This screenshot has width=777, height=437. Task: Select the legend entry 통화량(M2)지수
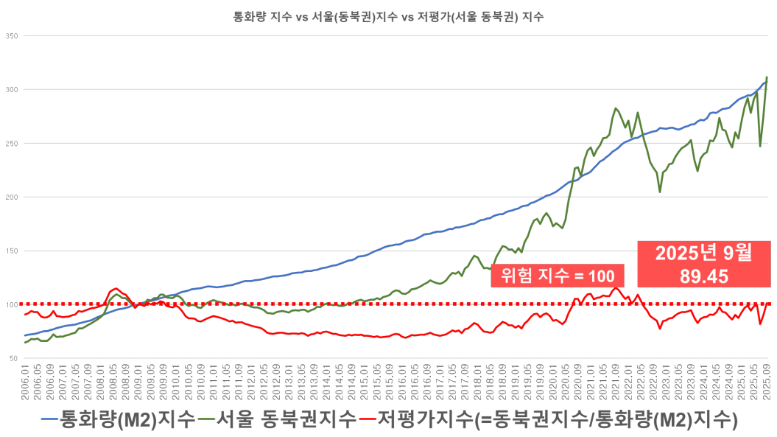129,419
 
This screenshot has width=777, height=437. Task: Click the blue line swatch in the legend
49,420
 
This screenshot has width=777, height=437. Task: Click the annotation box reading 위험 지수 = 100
557,276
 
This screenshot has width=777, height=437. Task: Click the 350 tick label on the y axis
12,35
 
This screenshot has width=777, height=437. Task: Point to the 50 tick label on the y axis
13,358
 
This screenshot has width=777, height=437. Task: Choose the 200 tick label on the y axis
12,197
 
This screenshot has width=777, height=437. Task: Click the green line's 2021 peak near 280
616,109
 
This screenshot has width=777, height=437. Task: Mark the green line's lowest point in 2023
660,192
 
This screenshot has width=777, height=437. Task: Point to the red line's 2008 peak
115,288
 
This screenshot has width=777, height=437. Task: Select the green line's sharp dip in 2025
760,145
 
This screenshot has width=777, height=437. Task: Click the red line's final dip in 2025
760,323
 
